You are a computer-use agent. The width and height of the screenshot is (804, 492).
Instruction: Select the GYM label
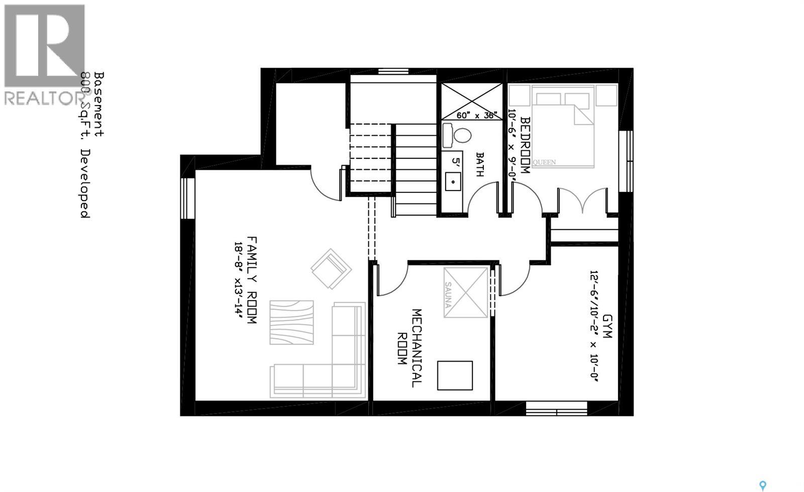(x=607, y=327)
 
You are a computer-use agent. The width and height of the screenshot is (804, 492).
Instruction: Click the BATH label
(x=479, y=165)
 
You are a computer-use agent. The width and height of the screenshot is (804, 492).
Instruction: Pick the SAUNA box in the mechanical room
(x=466, y=292)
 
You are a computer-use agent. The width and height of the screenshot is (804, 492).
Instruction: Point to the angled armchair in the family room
(x=330, y=269)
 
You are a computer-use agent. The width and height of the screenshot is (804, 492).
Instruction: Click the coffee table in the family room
(x=291, y=323)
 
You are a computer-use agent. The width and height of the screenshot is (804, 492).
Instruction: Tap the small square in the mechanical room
(x=455, y=375)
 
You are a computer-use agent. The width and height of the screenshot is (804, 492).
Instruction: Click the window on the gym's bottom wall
(x=556, y=408)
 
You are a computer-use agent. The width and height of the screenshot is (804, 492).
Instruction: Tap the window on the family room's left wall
(x=187, y=199)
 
